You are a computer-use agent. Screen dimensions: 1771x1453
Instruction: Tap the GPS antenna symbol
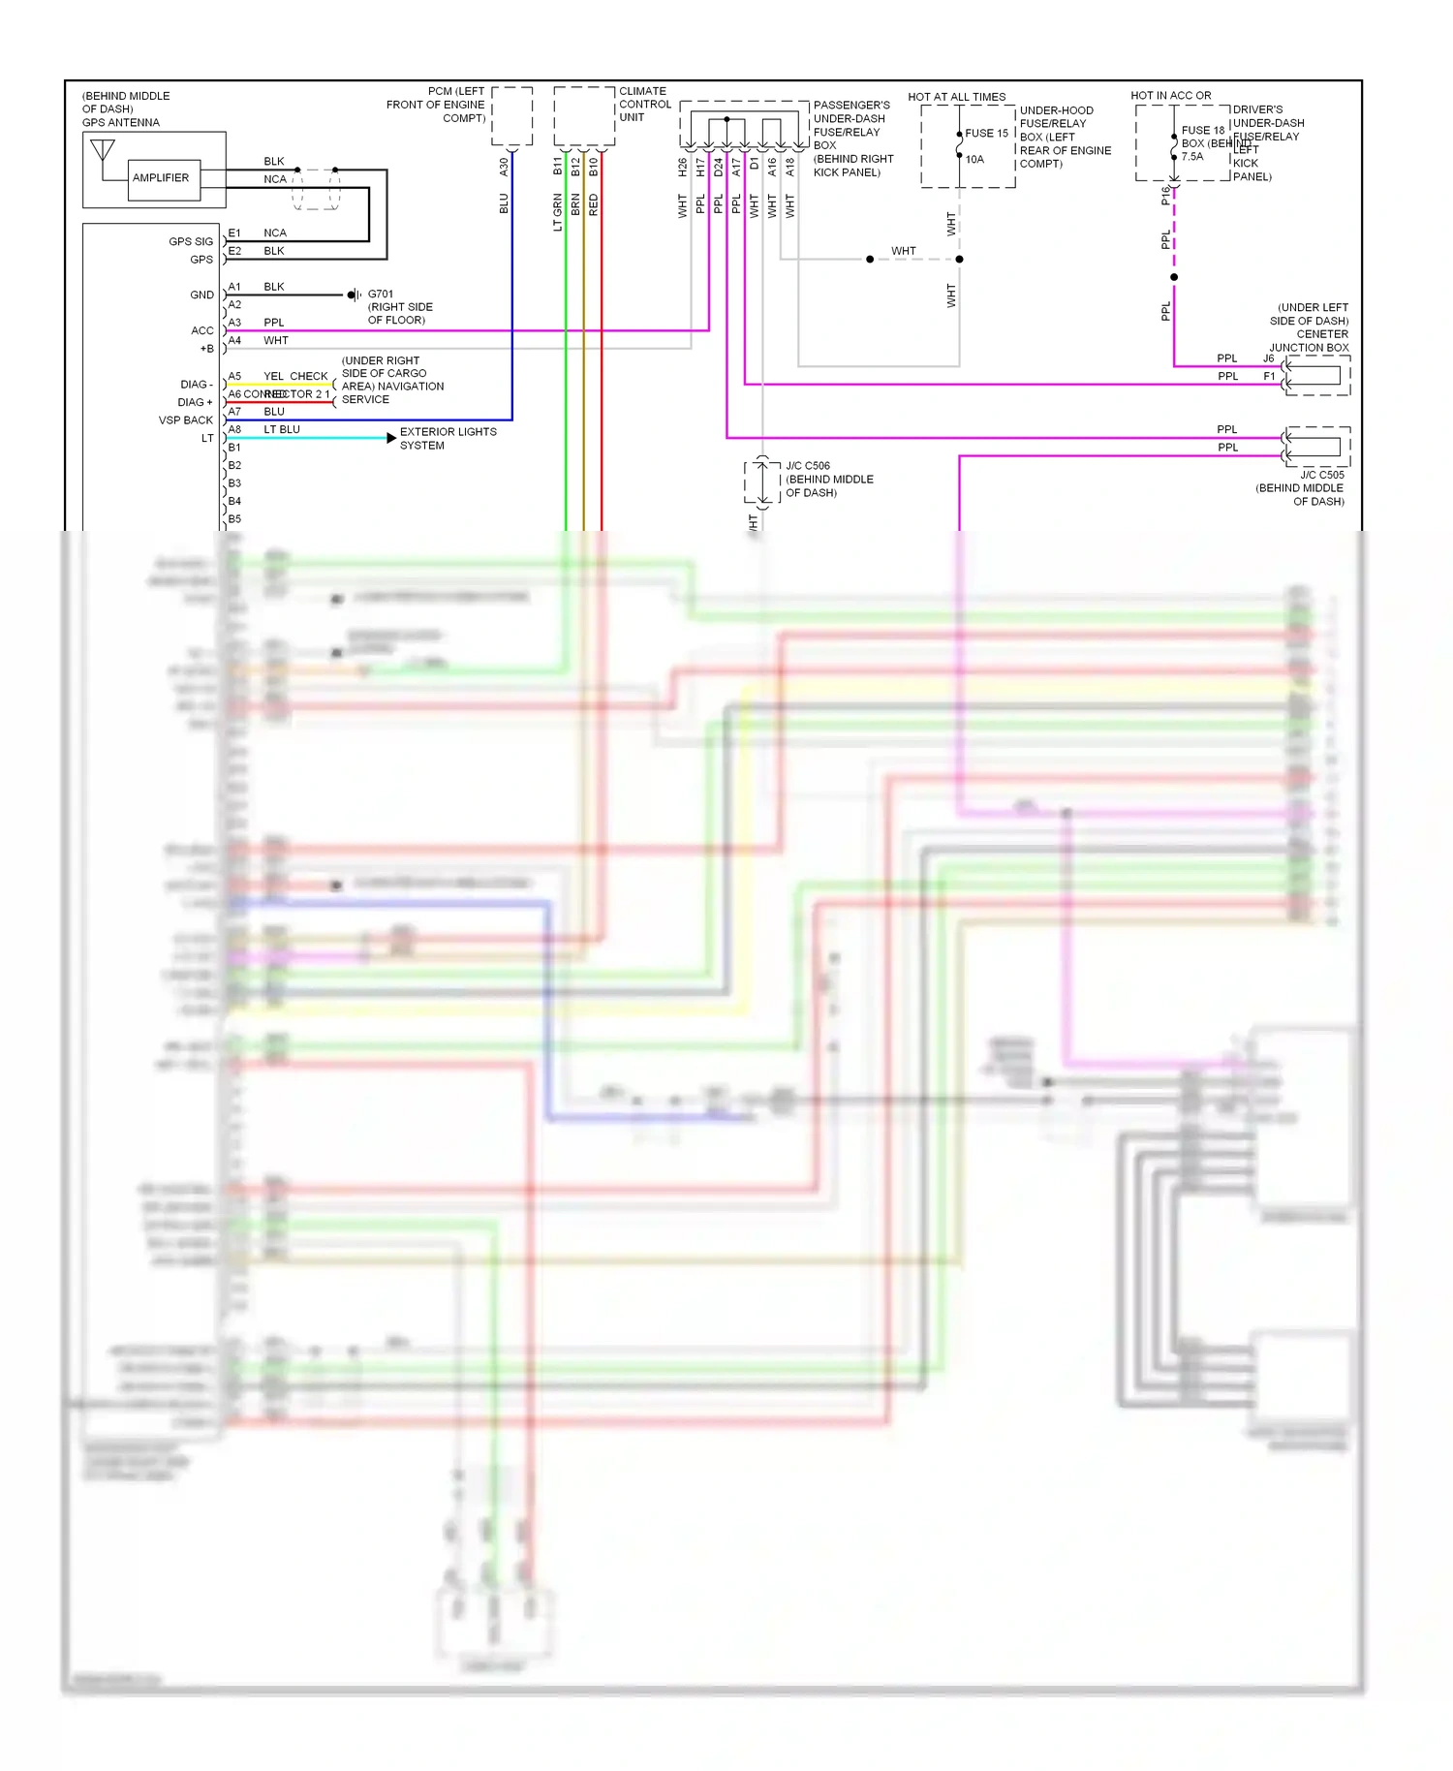102,152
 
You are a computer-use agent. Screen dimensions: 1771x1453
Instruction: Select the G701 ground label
381,294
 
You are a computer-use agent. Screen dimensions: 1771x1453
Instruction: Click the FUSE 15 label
986,134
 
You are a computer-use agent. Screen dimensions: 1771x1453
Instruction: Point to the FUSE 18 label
1202,130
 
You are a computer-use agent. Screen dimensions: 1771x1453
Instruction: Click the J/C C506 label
808,466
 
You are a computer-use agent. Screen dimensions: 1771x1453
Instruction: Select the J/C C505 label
1321,475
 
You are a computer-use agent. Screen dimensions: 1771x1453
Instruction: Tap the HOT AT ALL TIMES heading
956,97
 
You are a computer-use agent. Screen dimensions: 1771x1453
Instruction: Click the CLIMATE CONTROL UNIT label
644,105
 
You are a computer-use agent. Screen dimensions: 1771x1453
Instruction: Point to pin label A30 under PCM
504,167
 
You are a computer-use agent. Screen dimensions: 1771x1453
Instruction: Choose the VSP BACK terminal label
185,420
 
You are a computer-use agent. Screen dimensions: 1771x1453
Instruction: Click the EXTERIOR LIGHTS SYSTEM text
448,439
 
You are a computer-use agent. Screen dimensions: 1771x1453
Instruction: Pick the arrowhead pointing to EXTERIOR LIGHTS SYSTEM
390,438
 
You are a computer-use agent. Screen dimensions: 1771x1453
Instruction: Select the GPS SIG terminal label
190,241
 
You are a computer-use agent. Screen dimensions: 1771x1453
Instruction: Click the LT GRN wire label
558,212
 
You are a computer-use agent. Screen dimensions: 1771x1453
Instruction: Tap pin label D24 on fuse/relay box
719,168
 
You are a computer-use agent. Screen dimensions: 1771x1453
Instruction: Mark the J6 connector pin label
1268,358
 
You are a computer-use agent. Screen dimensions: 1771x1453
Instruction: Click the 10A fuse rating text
974,160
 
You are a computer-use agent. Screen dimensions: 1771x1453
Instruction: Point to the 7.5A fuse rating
1192,157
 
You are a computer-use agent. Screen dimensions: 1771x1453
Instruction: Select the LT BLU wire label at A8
282,429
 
